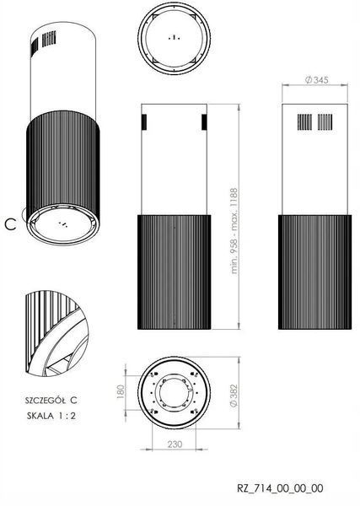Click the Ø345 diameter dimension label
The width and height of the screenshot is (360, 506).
click(x=316, y=80)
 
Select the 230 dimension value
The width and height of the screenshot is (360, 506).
click(x=175, y=444)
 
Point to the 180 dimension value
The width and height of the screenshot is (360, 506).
click(x=121, y=391)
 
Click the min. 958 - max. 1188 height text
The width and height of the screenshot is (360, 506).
click(x=234, y=231)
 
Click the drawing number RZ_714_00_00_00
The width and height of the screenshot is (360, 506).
click(x=280, y=488)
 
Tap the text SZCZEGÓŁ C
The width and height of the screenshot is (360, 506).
click(x=51, y=400)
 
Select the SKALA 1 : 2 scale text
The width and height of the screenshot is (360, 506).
click(x=51, y=416)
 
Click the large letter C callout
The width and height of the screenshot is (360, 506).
click(x=10, y=224)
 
